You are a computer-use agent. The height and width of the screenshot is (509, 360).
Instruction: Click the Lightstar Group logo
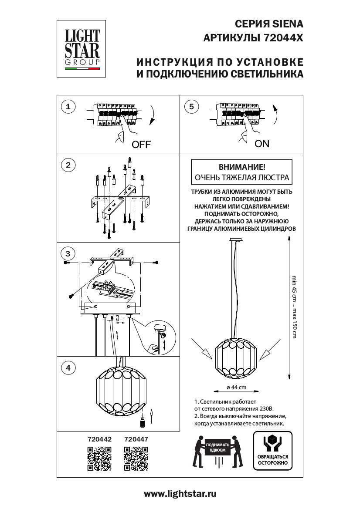click(82, 48)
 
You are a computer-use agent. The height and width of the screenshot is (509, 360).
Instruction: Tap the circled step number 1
click(68, 106)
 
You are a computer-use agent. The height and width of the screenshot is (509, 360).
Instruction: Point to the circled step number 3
click(68, 253)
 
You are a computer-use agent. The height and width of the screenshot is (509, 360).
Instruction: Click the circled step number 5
click(191, 106)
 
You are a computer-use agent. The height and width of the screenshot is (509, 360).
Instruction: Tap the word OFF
click(141, 145)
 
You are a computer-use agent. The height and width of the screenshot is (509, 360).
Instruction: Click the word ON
click(262, 144)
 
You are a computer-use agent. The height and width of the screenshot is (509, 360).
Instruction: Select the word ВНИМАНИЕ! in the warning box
click(241, 167)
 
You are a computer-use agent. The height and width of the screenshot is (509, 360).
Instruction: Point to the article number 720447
click(136, 440)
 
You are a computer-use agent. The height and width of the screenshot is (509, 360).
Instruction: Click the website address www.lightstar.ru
click(180, 494)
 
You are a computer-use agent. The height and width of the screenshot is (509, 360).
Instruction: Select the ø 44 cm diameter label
click(237, 387)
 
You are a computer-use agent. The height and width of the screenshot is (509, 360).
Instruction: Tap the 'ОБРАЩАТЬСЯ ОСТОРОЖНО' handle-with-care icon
click(272, 451)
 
